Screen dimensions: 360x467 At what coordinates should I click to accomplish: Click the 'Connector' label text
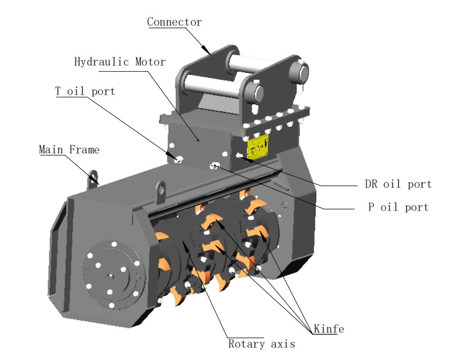174,22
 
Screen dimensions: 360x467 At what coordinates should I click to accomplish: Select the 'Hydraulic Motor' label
120,62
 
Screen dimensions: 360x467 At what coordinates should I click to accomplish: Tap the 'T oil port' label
85,91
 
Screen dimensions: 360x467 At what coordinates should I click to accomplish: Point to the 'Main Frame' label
69,149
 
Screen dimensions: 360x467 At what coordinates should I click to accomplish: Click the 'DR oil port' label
398,184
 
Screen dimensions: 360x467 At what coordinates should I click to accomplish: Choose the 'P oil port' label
398,207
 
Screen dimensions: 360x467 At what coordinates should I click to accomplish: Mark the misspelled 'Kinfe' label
328,329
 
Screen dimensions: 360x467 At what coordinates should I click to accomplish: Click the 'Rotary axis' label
261,344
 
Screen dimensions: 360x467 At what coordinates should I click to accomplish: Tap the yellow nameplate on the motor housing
257,147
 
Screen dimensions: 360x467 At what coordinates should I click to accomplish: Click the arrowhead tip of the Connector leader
210,54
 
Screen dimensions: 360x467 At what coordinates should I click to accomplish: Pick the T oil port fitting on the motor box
179,159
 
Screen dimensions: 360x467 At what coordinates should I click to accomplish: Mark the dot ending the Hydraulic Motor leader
198,140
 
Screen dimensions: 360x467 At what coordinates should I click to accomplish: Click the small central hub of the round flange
110,275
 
